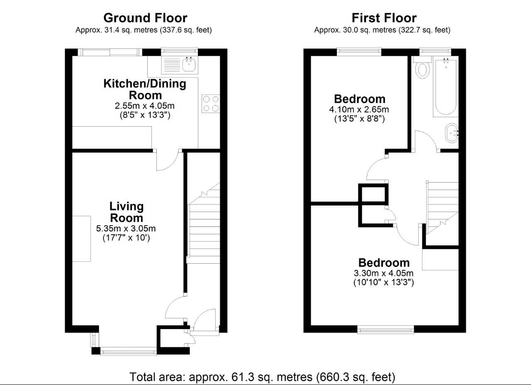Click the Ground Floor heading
145,18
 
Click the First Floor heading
384,18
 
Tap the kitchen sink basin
189,64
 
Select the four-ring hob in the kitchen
211,103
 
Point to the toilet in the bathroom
423,68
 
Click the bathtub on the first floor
446,87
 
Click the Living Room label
127,212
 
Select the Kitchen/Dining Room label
145,89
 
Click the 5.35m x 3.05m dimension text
126,229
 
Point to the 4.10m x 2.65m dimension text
359,109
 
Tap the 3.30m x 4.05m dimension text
384,273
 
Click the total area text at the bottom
262,377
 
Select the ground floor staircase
204,223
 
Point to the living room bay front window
128,351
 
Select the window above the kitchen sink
180,51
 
